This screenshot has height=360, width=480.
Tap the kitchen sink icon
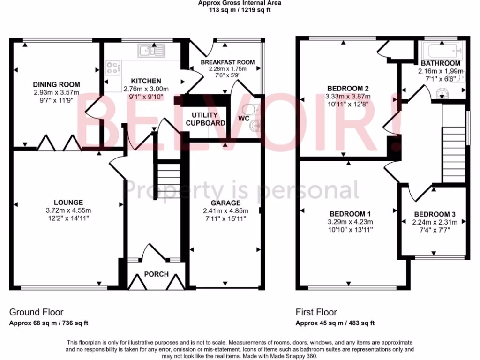point(150,50)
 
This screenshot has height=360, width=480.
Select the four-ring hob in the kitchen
point(113,68)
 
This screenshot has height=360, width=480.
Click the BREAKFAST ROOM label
point(227,62)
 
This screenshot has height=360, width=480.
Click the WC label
point(244,119)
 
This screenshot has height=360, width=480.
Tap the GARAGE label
point(225,203)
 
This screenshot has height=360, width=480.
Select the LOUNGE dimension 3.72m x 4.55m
point(68,210)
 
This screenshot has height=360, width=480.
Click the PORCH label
point(156,274)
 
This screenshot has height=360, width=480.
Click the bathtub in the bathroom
point(442,50)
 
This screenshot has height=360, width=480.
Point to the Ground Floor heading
point(37,312)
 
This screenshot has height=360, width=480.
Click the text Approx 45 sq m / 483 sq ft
point(335,323)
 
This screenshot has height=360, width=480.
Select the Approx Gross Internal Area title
point(240,2)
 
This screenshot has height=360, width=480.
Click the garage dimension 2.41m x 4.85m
point(225,210)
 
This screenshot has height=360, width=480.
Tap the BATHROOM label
point(440,63)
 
